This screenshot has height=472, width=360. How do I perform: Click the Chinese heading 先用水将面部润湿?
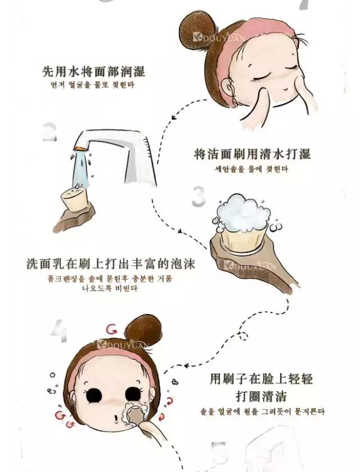93,71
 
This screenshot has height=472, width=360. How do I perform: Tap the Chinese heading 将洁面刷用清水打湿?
252,154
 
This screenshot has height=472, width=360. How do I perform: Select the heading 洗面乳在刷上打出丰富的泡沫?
110,263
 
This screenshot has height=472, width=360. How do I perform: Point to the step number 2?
50,133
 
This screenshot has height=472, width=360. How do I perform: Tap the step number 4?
58,332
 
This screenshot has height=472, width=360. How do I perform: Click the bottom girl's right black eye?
134,394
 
